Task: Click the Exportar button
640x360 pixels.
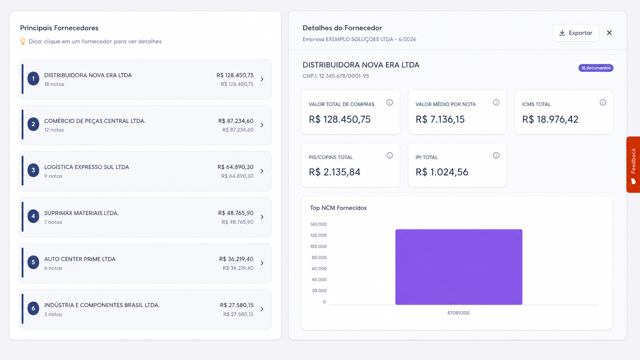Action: (575, 33)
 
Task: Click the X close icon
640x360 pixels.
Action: (609, 33)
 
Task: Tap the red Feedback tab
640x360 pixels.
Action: (633, 165)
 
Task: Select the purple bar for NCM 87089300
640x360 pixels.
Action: (459, 267)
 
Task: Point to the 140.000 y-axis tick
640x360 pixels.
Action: (318, 224)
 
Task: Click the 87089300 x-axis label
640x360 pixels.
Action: (458, 313)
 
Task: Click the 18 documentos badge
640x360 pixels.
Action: (596, 68)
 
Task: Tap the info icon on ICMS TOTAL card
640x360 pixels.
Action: (602, 103)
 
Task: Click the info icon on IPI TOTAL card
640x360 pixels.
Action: (496, 156)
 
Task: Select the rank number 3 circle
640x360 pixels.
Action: (33, 170)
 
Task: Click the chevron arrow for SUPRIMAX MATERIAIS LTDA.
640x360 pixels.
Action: (262, 217)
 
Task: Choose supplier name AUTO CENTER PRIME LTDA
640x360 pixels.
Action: (80, 259)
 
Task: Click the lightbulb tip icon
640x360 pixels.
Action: (23, 42)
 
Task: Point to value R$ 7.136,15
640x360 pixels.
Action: (440, 119)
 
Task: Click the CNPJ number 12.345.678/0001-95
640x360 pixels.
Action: (344, 76)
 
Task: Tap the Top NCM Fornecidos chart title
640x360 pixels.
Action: (338, 208)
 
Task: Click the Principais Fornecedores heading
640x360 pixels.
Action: (59, 28)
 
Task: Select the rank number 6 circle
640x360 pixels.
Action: (33, 308)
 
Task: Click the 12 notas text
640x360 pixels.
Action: (54, 130)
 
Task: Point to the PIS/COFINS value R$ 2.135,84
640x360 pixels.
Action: (335, 172)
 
